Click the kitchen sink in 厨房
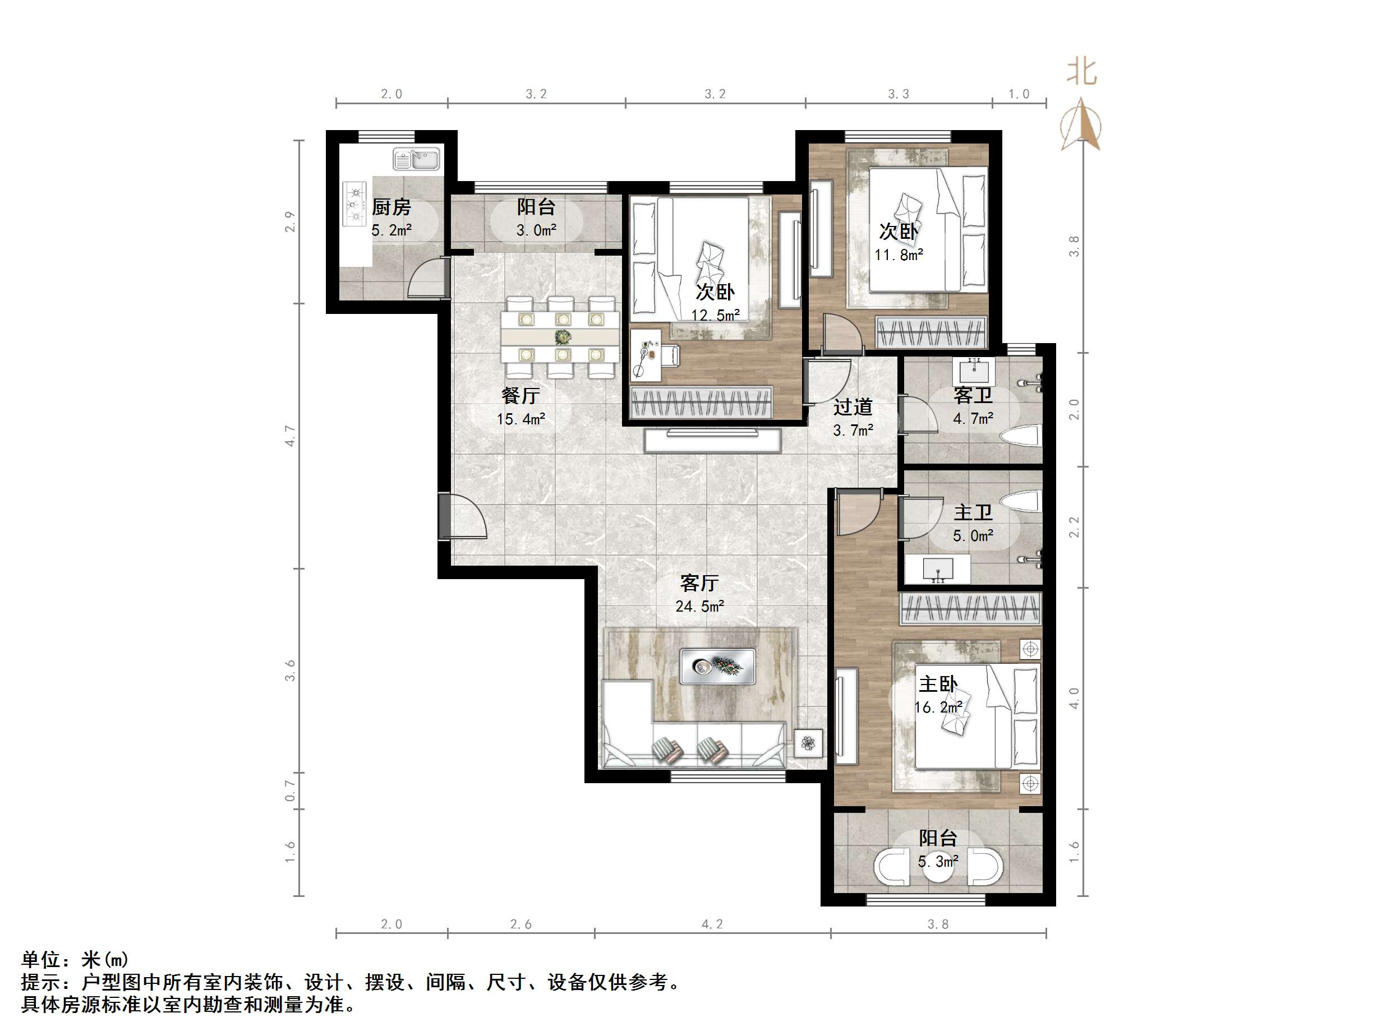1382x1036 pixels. pyautogui.click(x=416, y=159)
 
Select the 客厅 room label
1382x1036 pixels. pyautogui.click(x=699, y=582)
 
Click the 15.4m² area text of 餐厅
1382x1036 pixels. pyautogui.click(x=520, y=419)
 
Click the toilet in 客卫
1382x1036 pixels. pyautogui.click(x=1020, y=435)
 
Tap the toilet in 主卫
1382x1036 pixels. pyautogui.click(x=1020, y=499)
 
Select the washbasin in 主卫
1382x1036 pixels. pyautogui.click(x=938, y=569)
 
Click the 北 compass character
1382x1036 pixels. pyautogui.click(x=1081, y=72)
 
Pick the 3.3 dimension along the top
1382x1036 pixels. pyautogui.click(x=899, y=94)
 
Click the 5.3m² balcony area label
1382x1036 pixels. pyautogui.click(x=938, y=861)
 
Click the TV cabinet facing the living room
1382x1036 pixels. pyautogui.click(x=712, y=441)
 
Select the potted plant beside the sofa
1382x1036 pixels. pyautogui.click(x=808, y=743)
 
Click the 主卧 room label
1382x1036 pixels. pyautogui.click(x=938, y=684)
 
